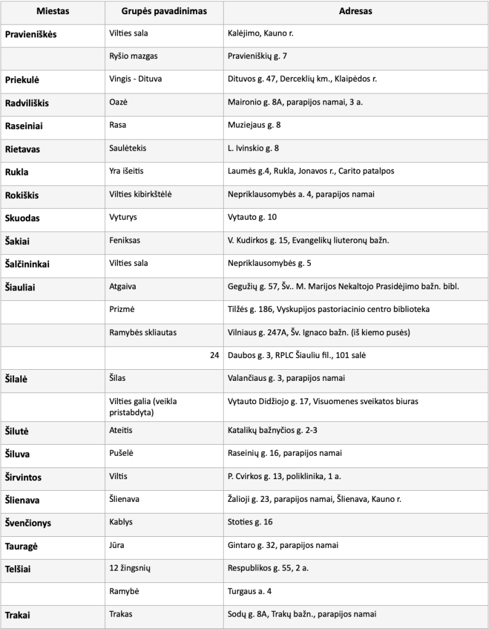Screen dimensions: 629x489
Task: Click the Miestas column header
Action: pos(53,12)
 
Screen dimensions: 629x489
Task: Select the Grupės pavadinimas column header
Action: pos(164,12)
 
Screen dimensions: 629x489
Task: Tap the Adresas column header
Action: pos(356,12)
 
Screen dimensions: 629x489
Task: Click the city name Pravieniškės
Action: pos(31,34)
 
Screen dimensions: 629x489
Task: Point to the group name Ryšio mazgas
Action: pos(133,57)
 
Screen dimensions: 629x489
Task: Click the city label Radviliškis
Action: pos(27,103)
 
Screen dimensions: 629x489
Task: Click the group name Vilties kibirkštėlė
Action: pos(141,194)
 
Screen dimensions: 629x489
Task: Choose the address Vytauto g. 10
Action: pos(252,217)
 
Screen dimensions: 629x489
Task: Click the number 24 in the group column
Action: pos(214,355)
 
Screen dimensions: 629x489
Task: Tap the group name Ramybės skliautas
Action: pos(143,332)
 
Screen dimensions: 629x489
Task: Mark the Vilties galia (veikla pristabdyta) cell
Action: pos(143,407)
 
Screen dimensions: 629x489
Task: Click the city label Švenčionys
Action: pos(28,523)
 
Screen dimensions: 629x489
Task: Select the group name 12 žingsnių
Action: pos(131,568)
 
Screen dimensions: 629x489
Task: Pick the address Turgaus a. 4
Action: pos(250,591)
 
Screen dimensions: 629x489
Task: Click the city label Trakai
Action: pos(18,614)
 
